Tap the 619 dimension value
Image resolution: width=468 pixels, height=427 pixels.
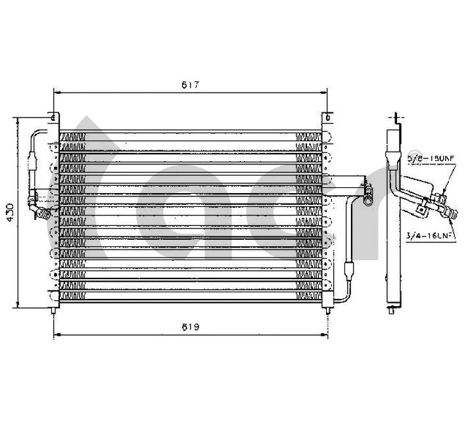pyautogui.click(x=191, y=326)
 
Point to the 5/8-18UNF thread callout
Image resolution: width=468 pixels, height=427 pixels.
pyautogui.click(x=431, y=158)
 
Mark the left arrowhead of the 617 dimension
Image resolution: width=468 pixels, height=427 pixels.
pyautogui.click(x=55, y=93)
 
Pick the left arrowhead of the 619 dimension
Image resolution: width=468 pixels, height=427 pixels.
pyautogui.click(x=56, y=335)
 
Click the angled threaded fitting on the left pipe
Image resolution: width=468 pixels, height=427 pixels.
pyautogui.click(x=43, y=212)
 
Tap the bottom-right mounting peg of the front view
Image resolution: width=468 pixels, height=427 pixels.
pyautogui.click(x=326, y=307)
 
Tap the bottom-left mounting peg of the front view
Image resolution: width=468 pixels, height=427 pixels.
pyautogui.click(x=55, y=307)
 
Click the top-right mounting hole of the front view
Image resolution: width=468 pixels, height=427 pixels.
pyautogui.click(x=326, y=118)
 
